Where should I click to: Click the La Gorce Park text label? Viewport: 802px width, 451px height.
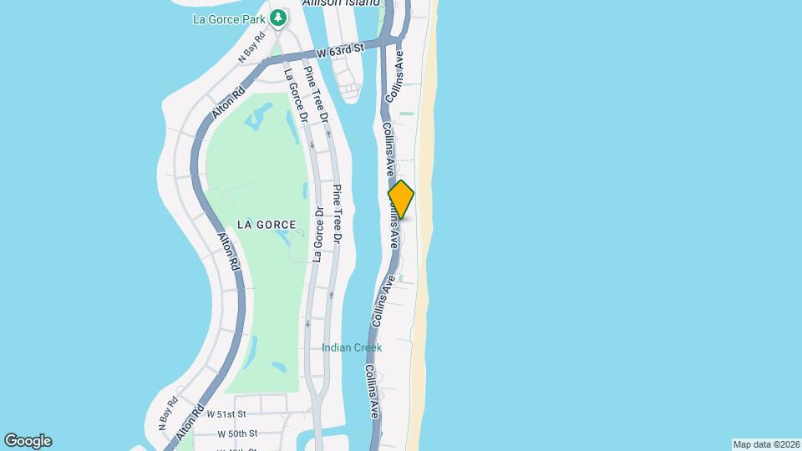(229, 18)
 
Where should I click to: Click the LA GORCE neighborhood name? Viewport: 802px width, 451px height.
(266, 225)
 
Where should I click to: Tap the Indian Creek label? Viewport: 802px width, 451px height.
(353, 347)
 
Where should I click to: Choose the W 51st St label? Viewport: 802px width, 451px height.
(227, 414)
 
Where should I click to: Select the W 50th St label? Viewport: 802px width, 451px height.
(237, 433)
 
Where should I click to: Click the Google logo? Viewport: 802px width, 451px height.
(28, 441)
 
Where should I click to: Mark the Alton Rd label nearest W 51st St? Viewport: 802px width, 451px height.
(190, 424)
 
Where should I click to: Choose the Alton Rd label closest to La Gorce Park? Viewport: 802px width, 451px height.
(226, 103)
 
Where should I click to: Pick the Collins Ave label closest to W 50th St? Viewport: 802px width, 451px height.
(373, 390)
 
